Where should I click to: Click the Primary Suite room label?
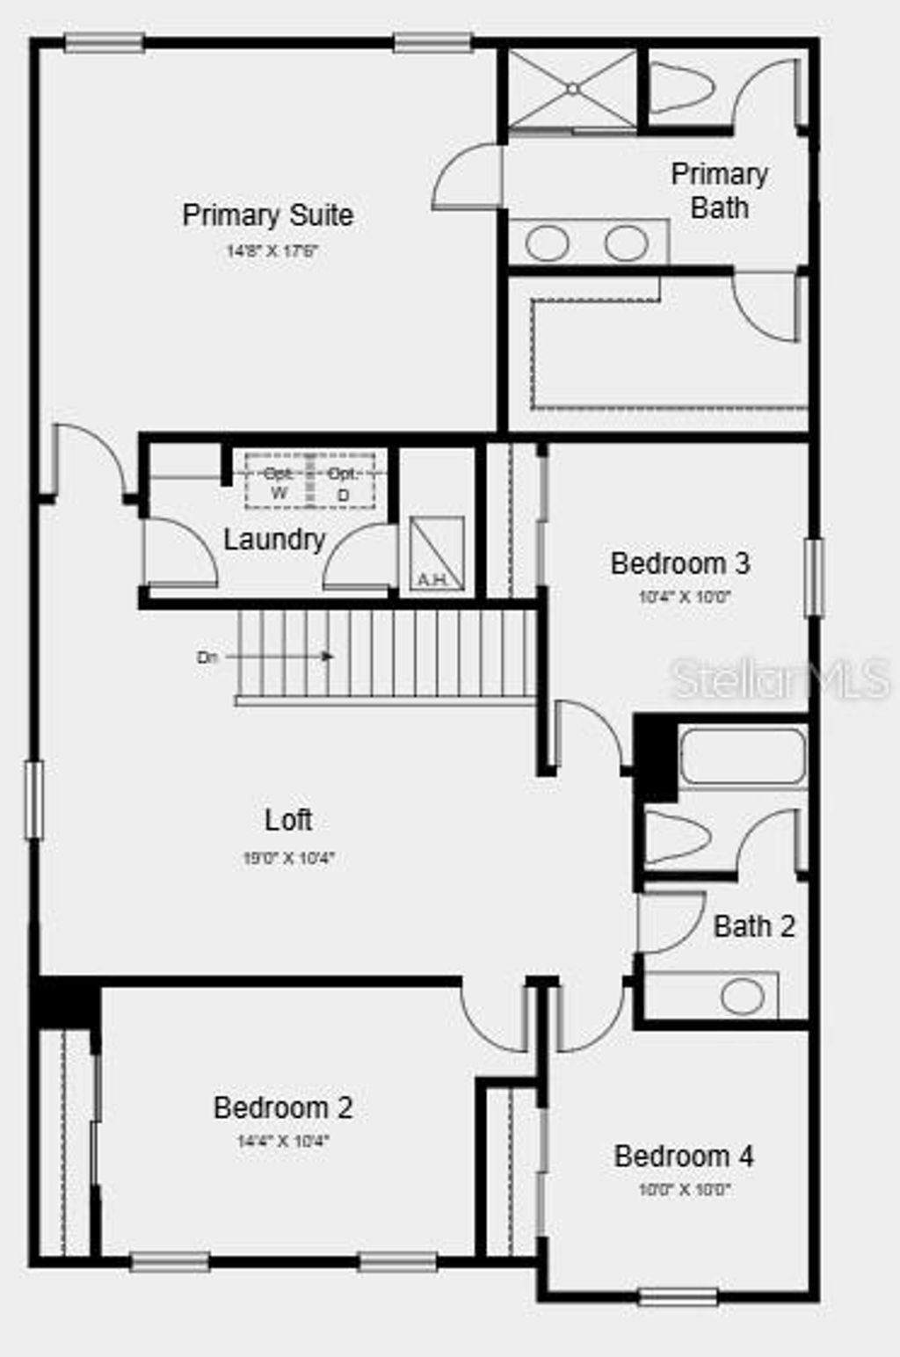click(x=268, y=215)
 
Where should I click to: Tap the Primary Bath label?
click(x=719, y=191)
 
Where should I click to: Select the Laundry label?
click(x=274, y=539)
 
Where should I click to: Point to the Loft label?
click(x=288, y=820)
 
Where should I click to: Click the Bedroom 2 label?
click(x=283, y=1107)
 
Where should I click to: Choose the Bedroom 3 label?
click(x=680, y=563)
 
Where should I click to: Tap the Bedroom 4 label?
click(x=684, y=1156)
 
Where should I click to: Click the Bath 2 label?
click(x=754, y=926)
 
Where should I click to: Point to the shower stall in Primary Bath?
click(x=572, y=89)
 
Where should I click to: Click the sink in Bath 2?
click(x=743, y=996)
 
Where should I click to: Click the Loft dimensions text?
click(x=289, y=858)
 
